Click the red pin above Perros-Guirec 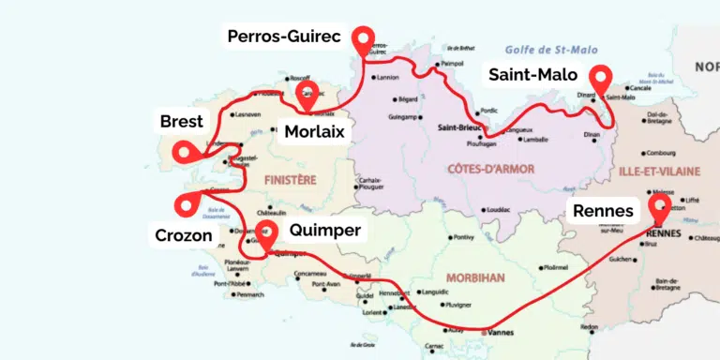tap(363, 40)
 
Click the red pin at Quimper tap(267, 236)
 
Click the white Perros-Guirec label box tap(289, 36)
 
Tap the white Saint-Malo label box tap(532, 75)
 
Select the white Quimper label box tap(325, 228)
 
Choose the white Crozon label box tap(184, 235)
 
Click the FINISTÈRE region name tap(291, 178)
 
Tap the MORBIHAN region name tap(477, 277)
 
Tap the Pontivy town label tap(466, 237)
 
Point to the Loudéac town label tap(500, 209)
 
